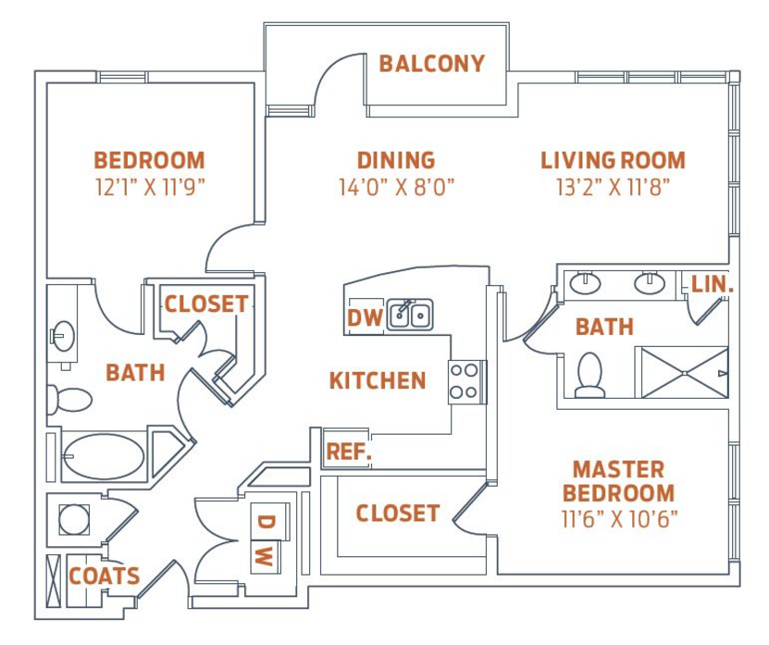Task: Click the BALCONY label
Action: point(432,64)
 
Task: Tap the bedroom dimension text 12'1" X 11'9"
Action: point(150,187)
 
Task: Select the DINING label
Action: point(396,160)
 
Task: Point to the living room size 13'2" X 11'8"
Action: point(613,187)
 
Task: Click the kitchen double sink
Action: point(410,315)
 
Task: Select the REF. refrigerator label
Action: point(349,452)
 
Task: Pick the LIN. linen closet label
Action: point(713,284)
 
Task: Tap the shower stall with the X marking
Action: point(684,372)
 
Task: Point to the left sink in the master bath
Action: point(585,283)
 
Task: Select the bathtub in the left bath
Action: point(105,456)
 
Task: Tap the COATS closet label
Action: point(105,576)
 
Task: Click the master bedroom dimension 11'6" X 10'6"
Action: point(619,519)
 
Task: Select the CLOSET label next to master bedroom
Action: point(398,514)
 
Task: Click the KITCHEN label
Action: point(378,380)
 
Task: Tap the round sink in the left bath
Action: point(63,336)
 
